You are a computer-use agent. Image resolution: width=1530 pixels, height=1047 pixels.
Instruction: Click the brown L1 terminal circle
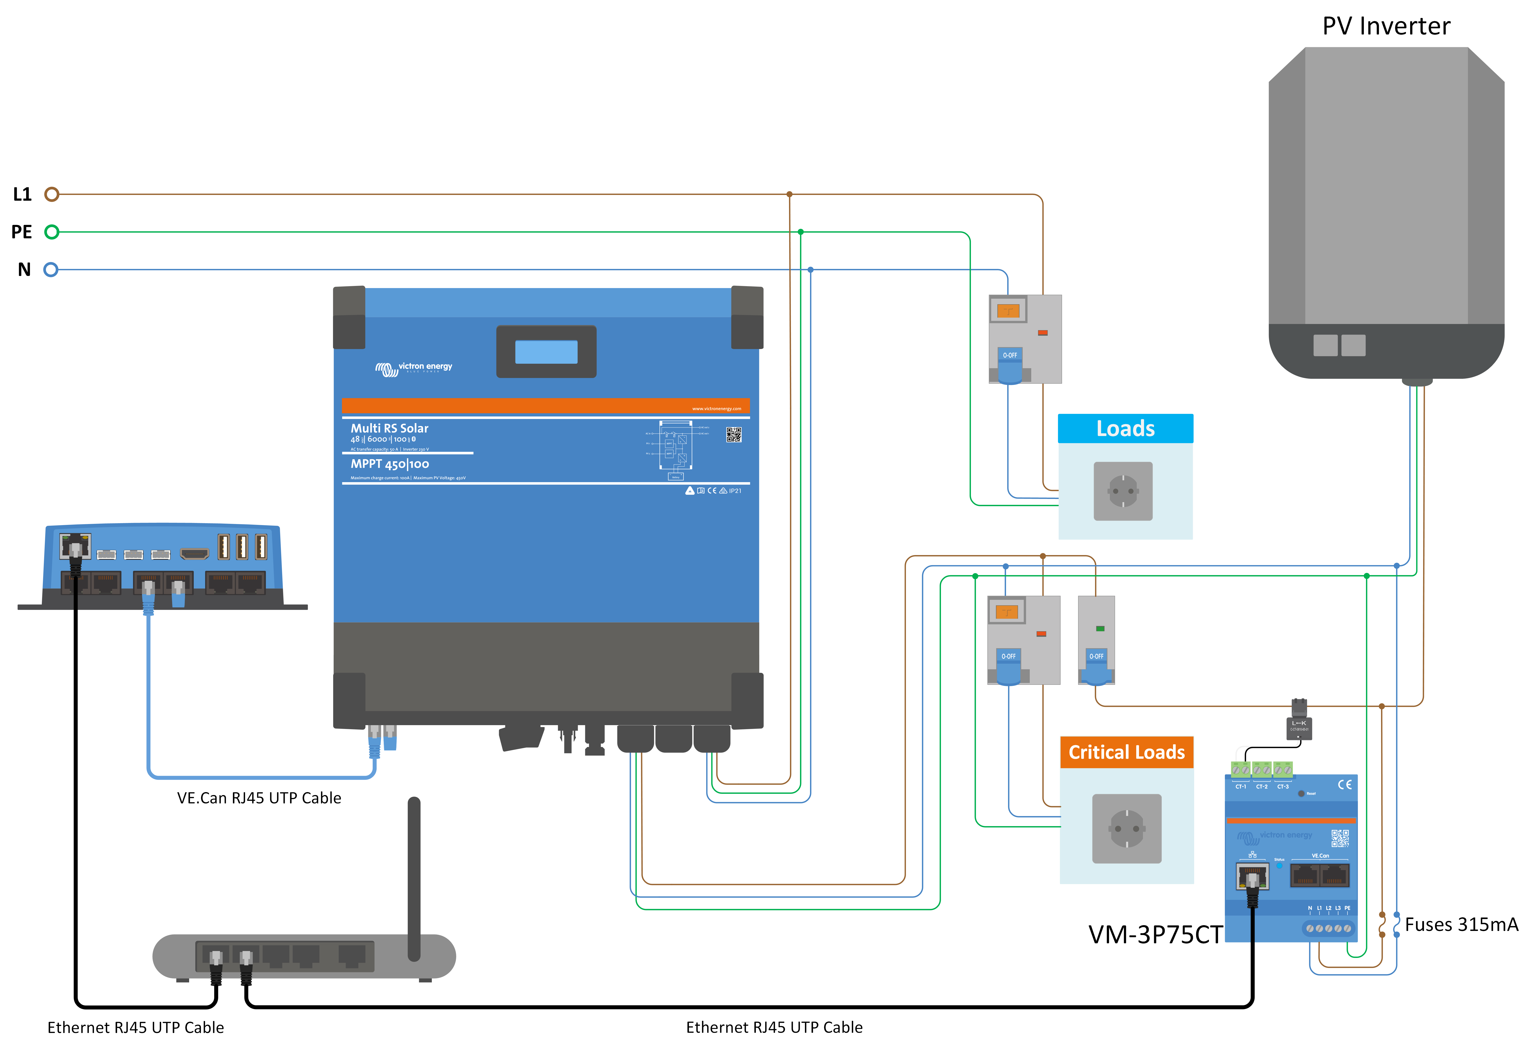click(x=51, y=194)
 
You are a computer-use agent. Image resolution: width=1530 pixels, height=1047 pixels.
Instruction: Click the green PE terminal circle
click(x=51, y=232)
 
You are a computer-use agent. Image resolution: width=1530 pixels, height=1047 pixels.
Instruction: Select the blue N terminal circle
click(x=51, y=269)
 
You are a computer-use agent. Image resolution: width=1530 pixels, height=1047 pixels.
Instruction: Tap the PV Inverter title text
click(x=1386, y=26)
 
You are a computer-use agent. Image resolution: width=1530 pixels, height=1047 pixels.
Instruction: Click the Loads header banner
click(x=1125, y=429)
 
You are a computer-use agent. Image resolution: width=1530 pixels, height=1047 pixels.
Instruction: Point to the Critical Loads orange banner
click(x=1126, y=752)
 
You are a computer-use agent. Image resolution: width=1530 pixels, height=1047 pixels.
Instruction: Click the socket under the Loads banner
click(x=1123, y=491)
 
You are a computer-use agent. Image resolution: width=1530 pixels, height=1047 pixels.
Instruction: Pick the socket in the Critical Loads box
click(x=1126, y=828)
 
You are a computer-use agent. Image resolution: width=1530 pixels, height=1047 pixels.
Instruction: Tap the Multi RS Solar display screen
click(x=546, y=352)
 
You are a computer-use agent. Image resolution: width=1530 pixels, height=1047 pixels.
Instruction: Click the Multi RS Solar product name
click(x=389, y=428)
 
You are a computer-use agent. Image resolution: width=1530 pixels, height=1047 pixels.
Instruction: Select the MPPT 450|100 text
click(x=390, y=464)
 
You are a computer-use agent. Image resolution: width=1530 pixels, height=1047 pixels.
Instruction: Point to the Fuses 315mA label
click(x=1461, y=925)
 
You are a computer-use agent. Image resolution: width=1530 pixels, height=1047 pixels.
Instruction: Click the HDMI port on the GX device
click(x=194, y=554)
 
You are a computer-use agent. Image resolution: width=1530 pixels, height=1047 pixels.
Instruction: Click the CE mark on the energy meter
click(x=1344, y=784)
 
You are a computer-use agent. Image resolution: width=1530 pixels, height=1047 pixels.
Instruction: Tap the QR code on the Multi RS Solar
click(x=733, y=435)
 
